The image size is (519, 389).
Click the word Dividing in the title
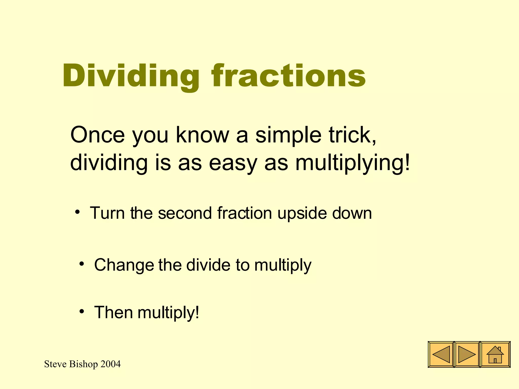pyautogui.click(x=131, y=76)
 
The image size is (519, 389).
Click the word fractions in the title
pyautogui.click(x=289, y=76)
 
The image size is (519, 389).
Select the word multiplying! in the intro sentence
pyautogui.click(x=353, y=163)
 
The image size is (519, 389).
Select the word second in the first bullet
pyautogui.click(x=185, y=213)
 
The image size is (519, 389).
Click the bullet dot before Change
pyautogui.click(x=82, y=264)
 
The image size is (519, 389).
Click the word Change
pyautogui.click(x=124, y=265)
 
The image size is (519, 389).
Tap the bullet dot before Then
pyautogui.click(x=82, y=311)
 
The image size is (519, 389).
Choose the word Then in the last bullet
pyautogui.click(x=114, y=312)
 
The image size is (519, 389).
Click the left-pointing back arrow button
pyautogui.click(x=441, y=355)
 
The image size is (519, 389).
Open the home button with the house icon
pyautogui.click(x=495, y=355)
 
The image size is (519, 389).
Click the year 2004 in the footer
pyautogui.click(x=110, y=364)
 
